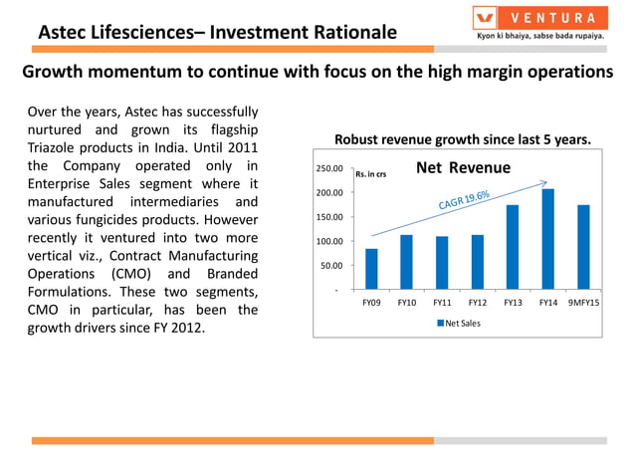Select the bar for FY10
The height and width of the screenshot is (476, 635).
[406, 262]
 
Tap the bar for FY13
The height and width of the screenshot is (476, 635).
[512, 247]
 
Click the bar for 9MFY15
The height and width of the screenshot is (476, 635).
[582, 247]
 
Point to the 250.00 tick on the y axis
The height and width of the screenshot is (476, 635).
[329, 169]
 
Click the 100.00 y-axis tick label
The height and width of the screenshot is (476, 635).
[329, 242]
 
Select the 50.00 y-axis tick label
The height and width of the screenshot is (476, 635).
[331, 266]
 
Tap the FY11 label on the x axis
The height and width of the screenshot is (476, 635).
[441, 302]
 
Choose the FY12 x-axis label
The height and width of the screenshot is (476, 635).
[477, 302]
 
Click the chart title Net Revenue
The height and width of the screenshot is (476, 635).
[463, 167]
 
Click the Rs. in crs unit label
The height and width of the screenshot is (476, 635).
[370, 175]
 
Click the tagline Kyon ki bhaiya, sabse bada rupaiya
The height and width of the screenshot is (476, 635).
[539, 37]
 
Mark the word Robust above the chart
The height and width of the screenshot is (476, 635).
[357, 140]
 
